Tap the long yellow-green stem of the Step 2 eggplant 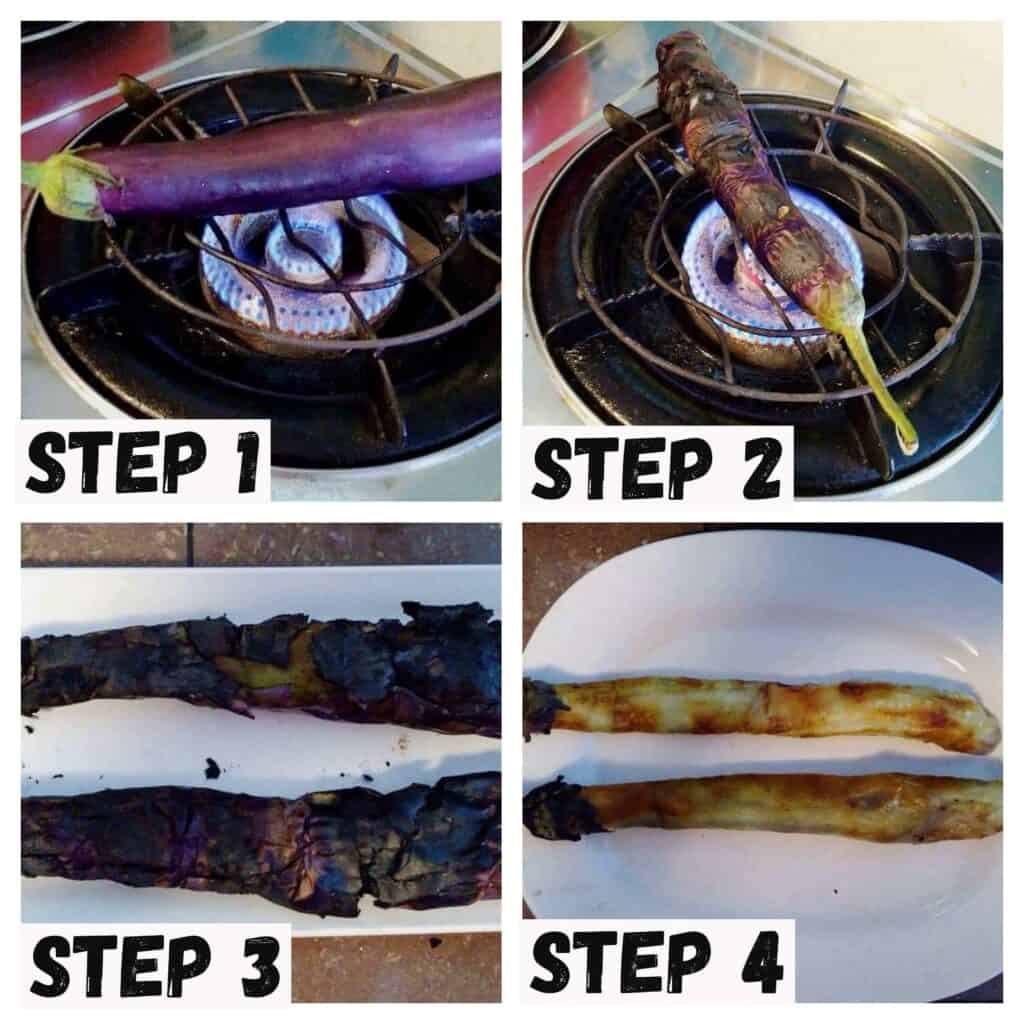875,380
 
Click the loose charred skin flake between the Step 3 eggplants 211,769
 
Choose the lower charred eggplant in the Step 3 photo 261,842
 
